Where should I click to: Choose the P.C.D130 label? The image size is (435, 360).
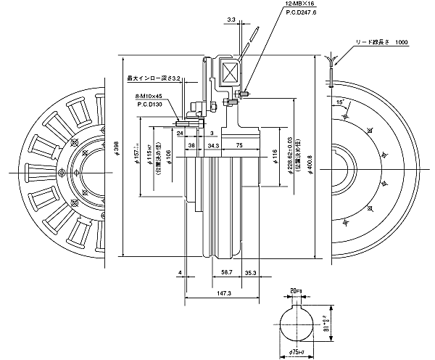coord(149,105)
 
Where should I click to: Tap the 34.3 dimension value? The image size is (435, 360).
coord(213,145)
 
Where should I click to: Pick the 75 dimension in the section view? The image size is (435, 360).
coord(239,145)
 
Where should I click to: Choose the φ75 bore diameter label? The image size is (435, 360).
coord(297,353)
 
